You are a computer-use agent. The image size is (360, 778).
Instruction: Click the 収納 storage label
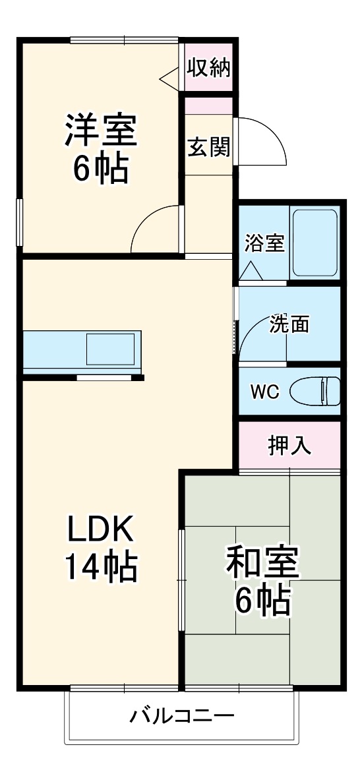(208, 69)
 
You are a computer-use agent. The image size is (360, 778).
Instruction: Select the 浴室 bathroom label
(264, 243)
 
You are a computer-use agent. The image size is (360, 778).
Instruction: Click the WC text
(264, 391)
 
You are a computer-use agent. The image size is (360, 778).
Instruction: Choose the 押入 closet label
(289, 446)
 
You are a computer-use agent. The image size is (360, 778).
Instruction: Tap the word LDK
(101, 529)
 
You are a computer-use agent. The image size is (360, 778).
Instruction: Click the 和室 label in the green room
(262, 562)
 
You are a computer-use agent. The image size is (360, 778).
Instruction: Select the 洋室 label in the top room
(100, 131)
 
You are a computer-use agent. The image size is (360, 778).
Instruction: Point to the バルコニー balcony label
(181, 715)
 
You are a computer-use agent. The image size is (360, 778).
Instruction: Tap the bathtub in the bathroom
(315, 243)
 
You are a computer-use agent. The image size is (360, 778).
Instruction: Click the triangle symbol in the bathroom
(251, 270)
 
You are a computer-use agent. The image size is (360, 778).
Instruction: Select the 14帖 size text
(101, 566)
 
